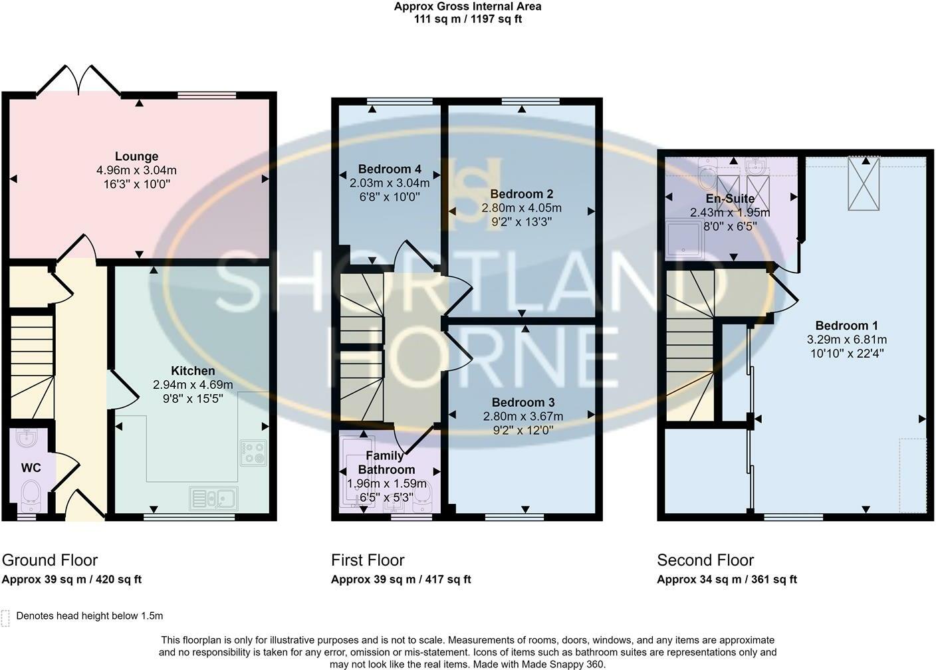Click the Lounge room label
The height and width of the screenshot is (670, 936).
(137, 156)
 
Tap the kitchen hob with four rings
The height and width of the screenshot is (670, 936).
(253, 453)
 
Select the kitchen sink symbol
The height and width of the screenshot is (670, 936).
(213, 499)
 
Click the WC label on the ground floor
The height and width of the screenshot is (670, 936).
(31, 468)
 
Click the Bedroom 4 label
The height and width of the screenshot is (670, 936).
(390, 169)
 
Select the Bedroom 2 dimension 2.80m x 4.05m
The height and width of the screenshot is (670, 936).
(521, 208)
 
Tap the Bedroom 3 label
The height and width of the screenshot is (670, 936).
(523, 402)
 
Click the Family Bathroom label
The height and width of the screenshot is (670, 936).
(386, 463)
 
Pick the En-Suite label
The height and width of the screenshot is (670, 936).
(730, 199)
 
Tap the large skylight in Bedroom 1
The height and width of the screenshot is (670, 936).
(864, 183)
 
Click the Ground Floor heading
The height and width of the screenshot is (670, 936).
(50, 560)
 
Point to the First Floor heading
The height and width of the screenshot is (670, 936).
(368, 560)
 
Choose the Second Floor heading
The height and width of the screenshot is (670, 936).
(705, 560)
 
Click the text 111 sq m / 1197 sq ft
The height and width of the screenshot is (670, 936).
(468, 19)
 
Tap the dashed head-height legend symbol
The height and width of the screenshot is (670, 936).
(5, 617)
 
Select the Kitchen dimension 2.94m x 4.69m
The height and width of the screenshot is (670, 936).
(193, 384)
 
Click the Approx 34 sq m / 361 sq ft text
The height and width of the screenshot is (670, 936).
(727, 580)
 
